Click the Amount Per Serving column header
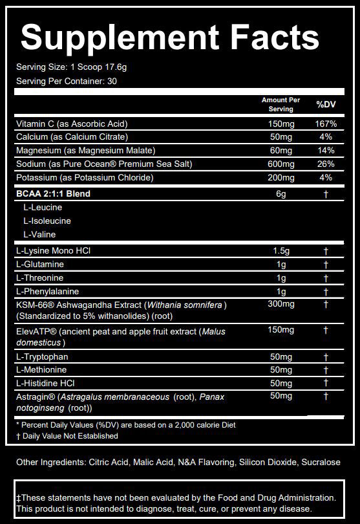coord(281,105)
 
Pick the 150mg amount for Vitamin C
coord(281,124)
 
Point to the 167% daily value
coord(326,124)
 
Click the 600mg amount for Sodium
coord(281,164)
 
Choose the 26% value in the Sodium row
coord(326,164)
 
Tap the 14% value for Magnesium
coord(326,151)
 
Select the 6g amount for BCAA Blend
coord(281,193)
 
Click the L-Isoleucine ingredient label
coord(47,221)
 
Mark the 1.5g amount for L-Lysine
coord(281,251)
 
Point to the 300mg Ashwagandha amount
coord(281,304)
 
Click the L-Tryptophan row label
coord(43,357)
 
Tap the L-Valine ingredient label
coord(39,234)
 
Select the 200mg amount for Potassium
coord(281,178)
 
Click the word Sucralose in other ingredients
coord(317,463)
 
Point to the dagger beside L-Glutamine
coord(326,265)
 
